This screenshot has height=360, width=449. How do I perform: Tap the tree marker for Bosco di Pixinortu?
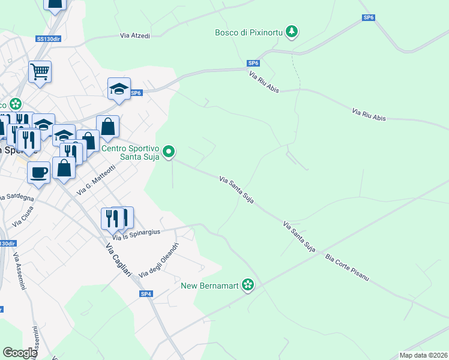coord(292,31)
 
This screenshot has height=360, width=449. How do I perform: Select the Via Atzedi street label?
coord(135,36)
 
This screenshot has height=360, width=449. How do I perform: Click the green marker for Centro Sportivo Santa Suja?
coord(169,152)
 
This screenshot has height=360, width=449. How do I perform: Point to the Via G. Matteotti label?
coord(96,179)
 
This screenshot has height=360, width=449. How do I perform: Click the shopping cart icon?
coord(40,72)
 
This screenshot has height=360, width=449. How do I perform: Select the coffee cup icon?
coord(39,172)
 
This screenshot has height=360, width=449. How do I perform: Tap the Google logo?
coord(19,353)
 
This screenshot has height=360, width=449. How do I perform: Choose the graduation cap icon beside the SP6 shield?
coord(119,89)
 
